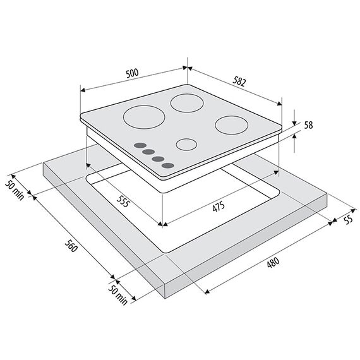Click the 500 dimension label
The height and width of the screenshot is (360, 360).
coord(133,73)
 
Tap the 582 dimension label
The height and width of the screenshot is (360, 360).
coord(239,81)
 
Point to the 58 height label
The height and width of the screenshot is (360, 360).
coord(308,125)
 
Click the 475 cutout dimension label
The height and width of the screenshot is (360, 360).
coord(219,207)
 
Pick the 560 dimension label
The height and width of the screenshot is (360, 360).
coord(71,246)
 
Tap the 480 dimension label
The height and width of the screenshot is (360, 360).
coord(273,262)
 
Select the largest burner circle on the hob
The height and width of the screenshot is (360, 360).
coord(144,117)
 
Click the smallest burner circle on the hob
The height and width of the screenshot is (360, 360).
coord(186,145)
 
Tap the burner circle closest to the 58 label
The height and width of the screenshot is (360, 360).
coord(231,125)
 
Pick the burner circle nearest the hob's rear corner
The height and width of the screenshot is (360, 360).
coord(187,103)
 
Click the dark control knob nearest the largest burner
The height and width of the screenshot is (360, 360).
coord(140,145)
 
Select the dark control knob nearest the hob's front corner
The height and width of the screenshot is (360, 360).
coord(167,165)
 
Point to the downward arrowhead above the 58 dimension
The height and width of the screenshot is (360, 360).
coord(294,123)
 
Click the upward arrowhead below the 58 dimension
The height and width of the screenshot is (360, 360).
coord(294,136)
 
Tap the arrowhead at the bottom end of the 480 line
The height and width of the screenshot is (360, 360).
coord(207,292)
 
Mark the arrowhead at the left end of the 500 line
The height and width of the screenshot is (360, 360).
coord(83,90)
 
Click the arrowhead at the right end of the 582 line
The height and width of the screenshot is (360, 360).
coord(279,104)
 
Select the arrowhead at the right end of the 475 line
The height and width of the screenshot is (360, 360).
coord(276,172)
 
